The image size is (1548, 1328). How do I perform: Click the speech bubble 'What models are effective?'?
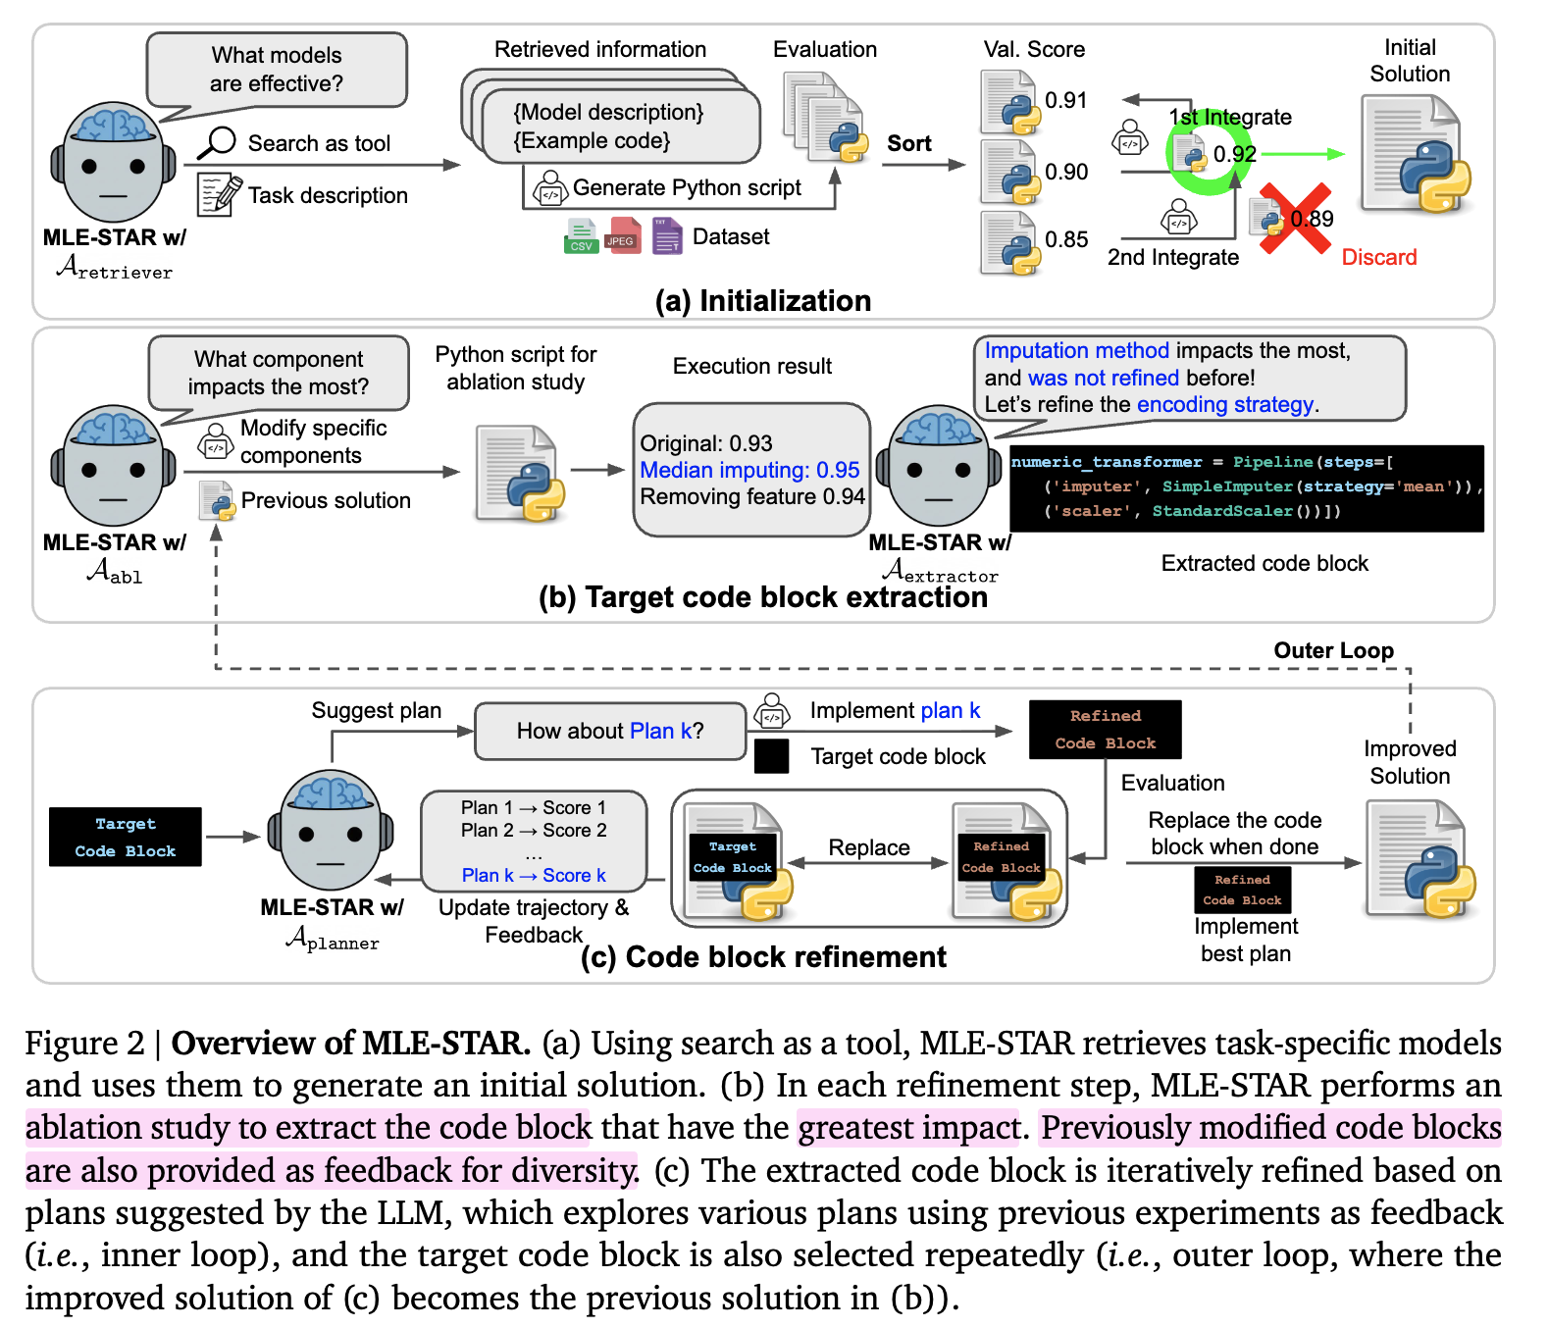277,70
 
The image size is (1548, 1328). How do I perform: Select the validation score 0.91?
1065,100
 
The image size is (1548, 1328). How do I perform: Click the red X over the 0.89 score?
1295,218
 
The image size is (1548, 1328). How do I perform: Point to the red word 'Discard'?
1378,257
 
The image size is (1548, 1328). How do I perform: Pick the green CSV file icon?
581,236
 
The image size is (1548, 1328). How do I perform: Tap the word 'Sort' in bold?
908,143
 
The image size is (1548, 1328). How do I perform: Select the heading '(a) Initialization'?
762,300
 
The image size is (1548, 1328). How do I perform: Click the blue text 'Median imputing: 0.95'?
748,470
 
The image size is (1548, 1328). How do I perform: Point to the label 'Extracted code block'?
1264,563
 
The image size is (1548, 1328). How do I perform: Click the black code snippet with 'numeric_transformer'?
1246,487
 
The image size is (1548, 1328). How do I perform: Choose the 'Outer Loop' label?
1332,650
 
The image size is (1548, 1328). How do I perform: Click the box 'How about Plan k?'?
610,731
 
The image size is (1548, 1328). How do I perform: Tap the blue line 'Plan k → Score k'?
534,875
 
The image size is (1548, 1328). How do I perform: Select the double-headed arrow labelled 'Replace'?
869,863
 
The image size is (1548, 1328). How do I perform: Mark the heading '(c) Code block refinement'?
763,957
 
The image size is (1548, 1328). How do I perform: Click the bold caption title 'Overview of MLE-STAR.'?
350,1043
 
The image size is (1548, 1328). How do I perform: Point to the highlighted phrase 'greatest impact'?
909,1128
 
